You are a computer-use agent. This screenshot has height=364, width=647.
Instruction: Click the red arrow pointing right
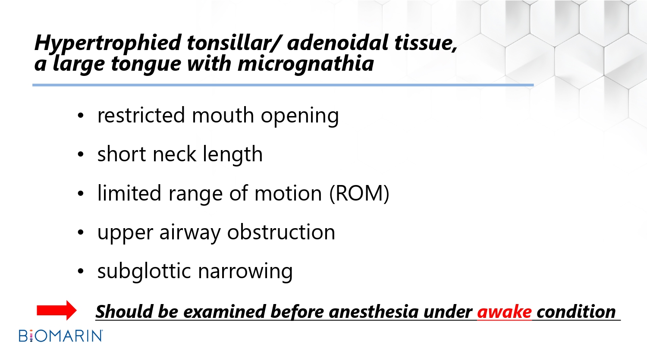[x=57, y=310]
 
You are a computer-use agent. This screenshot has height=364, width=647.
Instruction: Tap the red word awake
[x=504, y=312]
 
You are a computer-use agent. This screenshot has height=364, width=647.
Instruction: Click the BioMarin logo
[x=61, y=336]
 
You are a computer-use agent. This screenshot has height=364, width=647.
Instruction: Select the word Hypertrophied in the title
[x=108, y=43]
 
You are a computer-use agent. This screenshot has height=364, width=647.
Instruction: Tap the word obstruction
[x=281, y=232]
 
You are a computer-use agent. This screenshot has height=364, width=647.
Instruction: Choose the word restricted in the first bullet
[x=141, y=115]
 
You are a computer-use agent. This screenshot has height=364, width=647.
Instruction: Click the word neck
[x=174, y=154]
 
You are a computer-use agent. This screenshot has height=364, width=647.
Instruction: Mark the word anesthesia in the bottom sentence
[x=374, y=312]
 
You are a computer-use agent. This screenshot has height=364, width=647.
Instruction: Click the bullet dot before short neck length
[x=81, y=154]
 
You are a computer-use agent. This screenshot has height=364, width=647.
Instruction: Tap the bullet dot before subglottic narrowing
[x=81, y=271]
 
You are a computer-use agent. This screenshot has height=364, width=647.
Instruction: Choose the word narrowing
[x=245, y=272]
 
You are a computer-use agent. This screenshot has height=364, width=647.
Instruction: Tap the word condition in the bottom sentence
[x=576, y=312]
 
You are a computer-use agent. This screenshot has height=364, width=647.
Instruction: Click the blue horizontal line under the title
[x=283, y=85]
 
